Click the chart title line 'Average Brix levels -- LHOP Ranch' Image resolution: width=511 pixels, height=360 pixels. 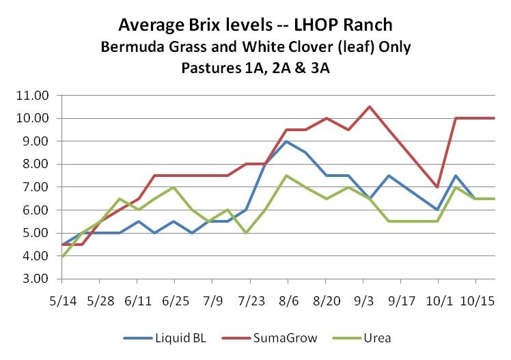pos(256,26)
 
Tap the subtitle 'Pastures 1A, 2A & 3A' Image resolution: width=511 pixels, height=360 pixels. pos(256,68)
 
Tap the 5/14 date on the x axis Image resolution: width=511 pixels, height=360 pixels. pos(61,300)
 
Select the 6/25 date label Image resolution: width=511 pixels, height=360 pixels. pos(175,300)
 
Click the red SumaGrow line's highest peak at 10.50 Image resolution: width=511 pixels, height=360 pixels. pos(370,107)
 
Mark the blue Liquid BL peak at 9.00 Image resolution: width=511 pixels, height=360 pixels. pos(285,141)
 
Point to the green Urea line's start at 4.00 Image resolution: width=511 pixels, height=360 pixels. pos(62,255)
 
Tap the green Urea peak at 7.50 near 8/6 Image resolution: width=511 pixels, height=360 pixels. pos(285,176)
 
